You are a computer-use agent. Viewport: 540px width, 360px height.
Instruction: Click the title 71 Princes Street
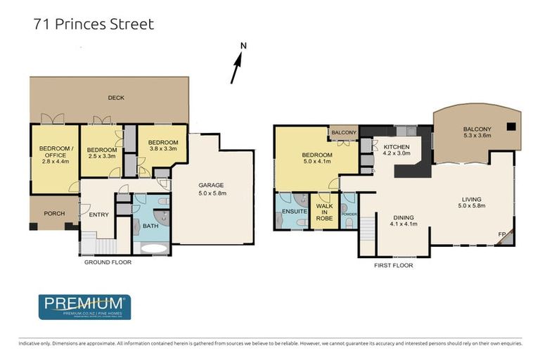[x=94, y=25]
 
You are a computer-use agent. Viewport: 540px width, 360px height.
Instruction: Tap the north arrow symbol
[x=238, y=65]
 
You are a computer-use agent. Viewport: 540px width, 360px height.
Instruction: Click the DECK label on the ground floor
[x=116, y=98]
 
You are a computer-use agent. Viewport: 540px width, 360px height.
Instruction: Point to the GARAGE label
[x=211, y=185]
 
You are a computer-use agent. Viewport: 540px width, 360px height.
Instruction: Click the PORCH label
[x=53, y=214]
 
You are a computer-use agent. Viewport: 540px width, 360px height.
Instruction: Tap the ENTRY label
[x=98, y=214]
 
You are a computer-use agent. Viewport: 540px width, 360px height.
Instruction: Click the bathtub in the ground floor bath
[x=150, y=248]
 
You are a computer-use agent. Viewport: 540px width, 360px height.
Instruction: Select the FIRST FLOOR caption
[x=394, y=266]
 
